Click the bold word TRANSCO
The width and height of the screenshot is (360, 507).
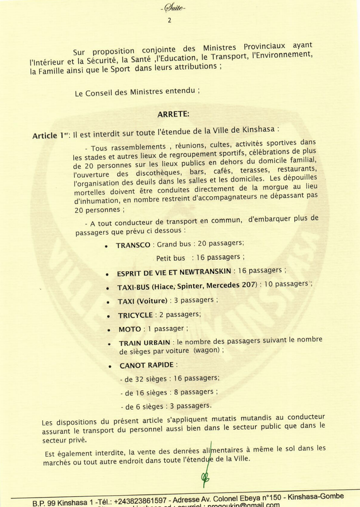(x=133, y=245)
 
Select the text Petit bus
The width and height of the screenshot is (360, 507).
(x=171, y=258)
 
